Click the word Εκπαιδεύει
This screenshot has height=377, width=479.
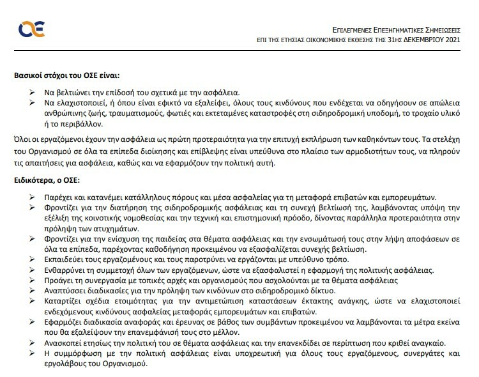pyautogui.click(x=66, y=259)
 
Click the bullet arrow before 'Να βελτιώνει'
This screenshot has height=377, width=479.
pyautogui.click(x=33, y=92)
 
